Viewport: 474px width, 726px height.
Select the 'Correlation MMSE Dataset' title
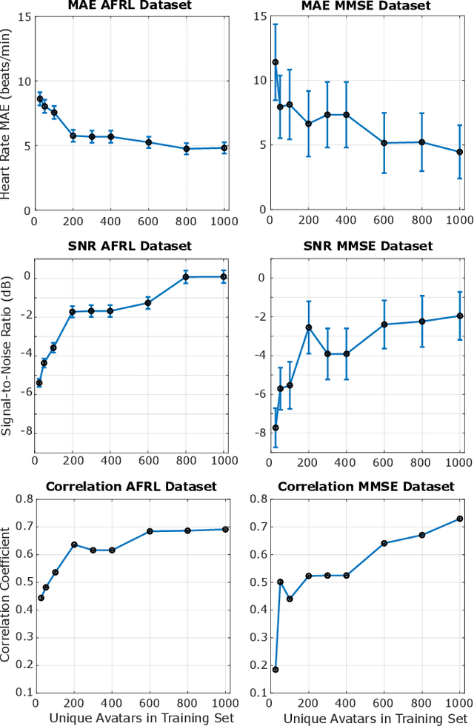coord(366,487)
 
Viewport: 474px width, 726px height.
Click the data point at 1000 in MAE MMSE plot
coord(460,152)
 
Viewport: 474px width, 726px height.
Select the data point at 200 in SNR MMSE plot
coord(309,327)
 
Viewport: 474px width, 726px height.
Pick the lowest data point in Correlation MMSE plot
coord(276,669)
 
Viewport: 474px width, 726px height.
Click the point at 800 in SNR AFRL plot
coord(187,277)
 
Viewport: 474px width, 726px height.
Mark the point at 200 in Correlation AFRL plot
coord(73,544)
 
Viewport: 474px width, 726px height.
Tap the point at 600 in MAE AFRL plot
coord(148,142)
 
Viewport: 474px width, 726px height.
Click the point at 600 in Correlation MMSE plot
coord(384,543)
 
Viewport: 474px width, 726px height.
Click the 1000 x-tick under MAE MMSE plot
coord(458,221)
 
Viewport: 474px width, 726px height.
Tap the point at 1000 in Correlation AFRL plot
coord(224,529)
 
